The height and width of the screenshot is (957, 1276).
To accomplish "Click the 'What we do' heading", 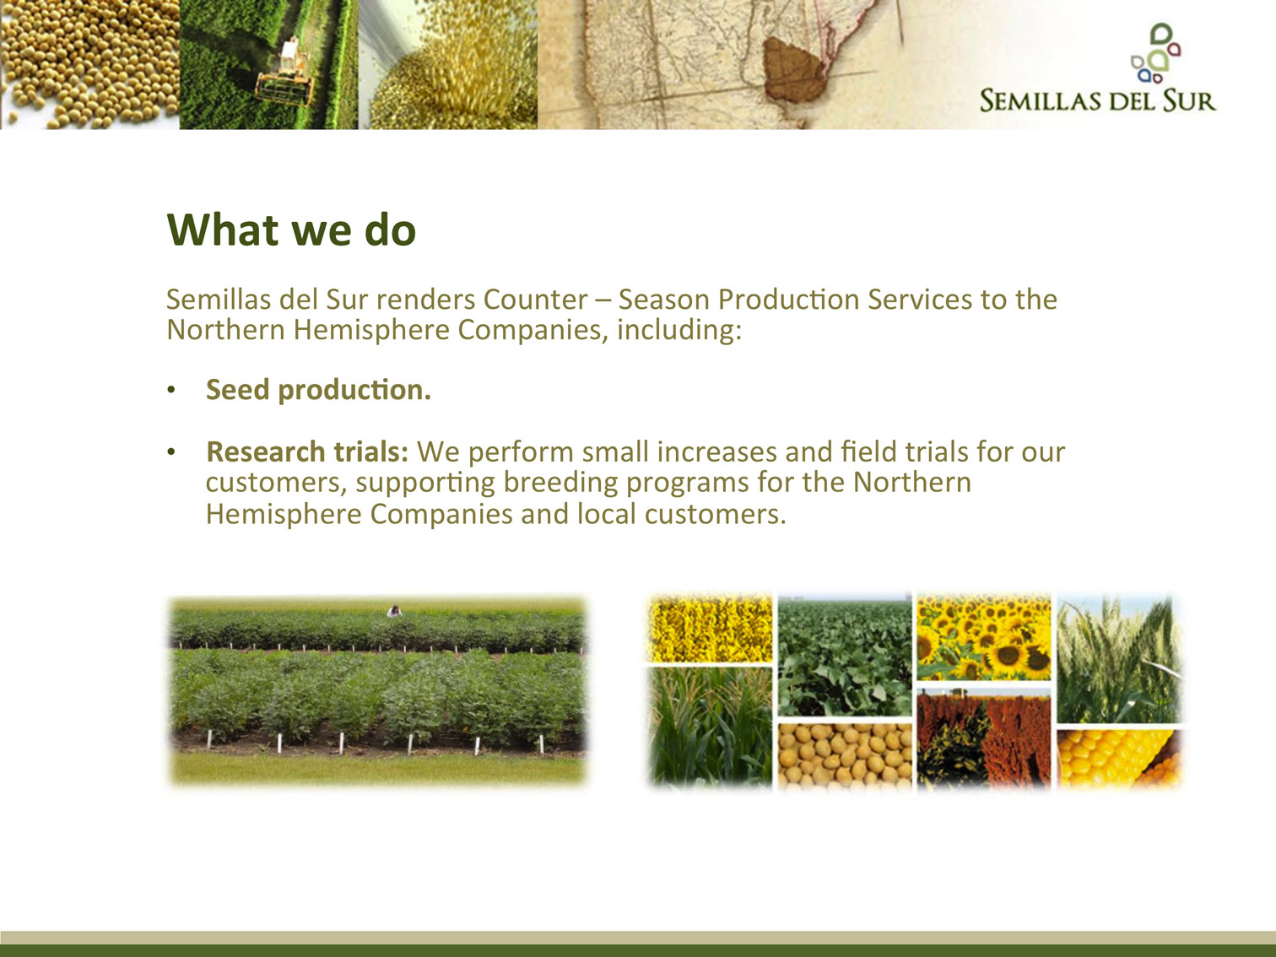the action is click(x=291, y=230).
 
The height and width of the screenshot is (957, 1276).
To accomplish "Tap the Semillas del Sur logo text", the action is click(x=1098, y=100).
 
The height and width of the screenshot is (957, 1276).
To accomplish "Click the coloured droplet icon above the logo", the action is click(x=1155, y=53).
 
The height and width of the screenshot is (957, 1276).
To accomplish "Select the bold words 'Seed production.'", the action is click(x=318, y=390).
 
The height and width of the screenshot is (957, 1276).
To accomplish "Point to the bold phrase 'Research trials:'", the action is click(x=307, y=452).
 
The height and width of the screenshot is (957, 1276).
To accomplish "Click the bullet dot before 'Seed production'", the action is click(x=171, y=390).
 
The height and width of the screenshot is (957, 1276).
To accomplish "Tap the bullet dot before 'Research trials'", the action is click(x=171, y=452).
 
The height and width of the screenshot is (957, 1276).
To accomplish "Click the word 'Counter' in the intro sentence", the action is click(x=535, y=300).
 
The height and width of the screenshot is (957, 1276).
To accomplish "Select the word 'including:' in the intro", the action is click(x=679, y=331).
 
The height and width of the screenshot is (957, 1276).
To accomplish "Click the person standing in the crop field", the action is click(x=395, y=611).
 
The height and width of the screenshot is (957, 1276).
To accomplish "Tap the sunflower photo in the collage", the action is click(x=984, y=636).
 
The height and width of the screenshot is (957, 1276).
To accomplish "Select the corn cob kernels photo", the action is click(x=1120, y=759).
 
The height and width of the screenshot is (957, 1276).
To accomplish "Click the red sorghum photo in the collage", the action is click(x=984, y=738).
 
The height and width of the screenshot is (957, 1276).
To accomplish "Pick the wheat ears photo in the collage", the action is click(x=1120, y=658).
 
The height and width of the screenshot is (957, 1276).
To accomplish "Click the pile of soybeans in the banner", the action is click(x=89, y=64).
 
